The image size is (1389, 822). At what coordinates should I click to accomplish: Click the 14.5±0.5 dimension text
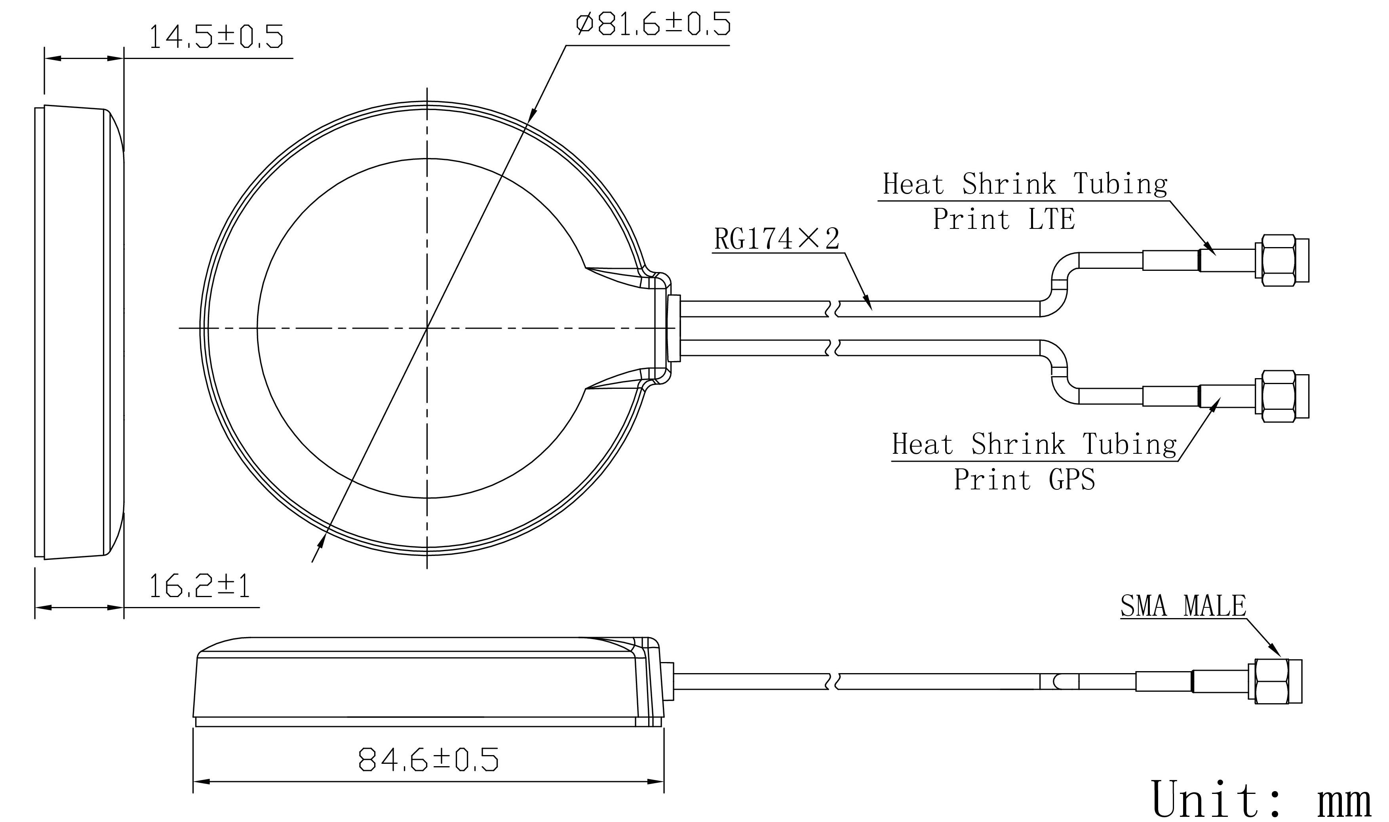pos(217,36)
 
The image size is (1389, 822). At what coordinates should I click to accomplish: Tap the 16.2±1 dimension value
pos(200,586)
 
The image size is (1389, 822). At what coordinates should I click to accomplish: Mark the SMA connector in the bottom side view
pos(1275,681)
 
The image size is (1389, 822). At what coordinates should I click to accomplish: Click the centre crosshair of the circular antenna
pos(427,329)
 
